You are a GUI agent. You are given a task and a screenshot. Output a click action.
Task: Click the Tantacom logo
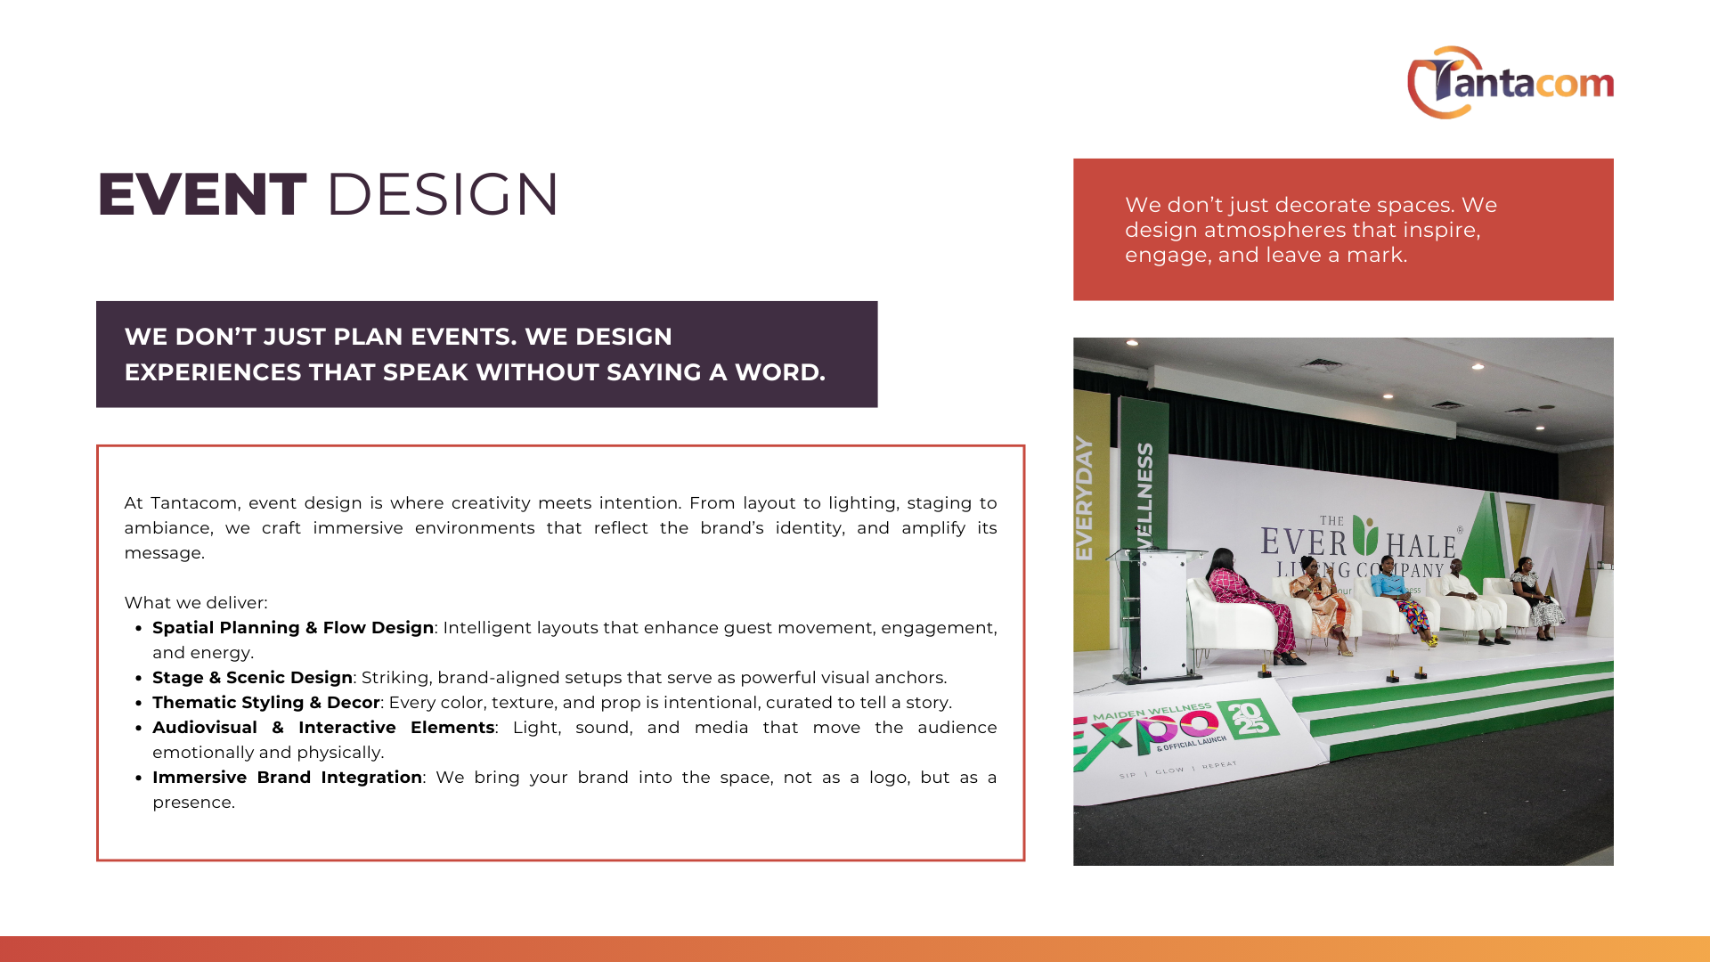(x=1510, y=82)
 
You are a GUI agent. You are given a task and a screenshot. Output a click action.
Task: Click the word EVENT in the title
(x=202, y=194)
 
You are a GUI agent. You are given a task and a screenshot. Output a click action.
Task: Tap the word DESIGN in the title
(x=443, y=194)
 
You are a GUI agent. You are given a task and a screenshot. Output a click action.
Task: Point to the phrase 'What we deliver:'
(x=196, y=603)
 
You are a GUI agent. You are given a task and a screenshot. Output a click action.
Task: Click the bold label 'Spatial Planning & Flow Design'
(x=293, y=628)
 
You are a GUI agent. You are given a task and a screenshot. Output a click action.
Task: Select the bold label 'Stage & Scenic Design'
(x=253, y=678)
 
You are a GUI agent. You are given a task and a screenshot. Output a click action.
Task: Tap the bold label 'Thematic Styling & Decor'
(x=266, y=703)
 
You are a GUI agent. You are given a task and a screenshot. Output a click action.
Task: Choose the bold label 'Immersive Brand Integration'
(x=287, y=778)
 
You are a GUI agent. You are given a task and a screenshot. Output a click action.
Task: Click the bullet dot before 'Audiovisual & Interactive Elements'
(x=139, y=728)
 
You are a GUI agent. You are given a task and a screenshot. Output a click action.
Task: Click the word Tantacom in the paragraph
(x=193, y=503)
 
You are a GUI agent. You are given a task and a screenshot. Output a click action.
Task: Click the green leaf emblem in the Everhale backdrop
(x=1365, y=534)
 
